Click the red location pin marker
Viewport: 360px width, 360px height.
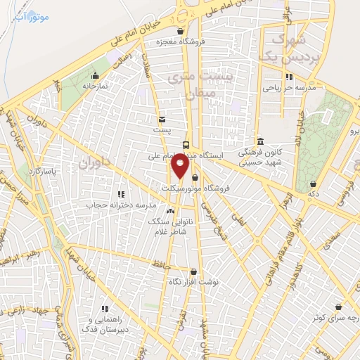pos(181,167)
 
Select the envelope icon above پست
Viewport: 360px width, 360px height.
pos(162,120)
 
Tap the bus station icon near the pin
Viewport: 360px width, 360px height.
pos(186,145)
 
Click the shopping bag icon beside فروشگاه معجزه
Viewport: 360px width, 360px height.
pos(181,31)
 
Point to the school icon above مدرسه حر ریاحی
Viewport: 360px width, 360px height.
pos(288,77)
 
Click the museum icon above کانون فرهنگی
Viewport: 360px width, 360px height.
pos(260,141)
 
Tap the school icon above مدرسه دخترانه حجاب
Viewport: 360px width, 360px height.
pos(121,193)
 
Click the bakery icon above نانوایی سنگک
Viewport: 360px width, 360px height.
pos(169,210)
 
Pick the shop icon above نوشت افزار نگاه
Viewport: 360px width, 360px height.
pos(193,271)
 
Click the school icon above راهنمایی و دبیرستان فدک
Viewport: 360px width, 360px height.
pos(105,308)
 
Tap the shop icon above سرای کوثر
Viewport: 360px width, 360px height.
pos(340,307)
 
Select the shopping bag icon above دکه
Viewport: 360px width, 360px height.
pos(312,184)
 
